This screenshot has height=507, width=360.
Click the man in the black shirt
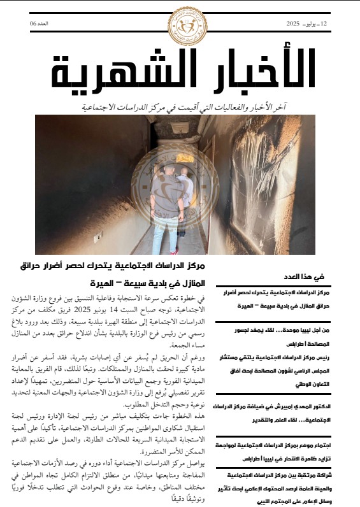tap(162, 185)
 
